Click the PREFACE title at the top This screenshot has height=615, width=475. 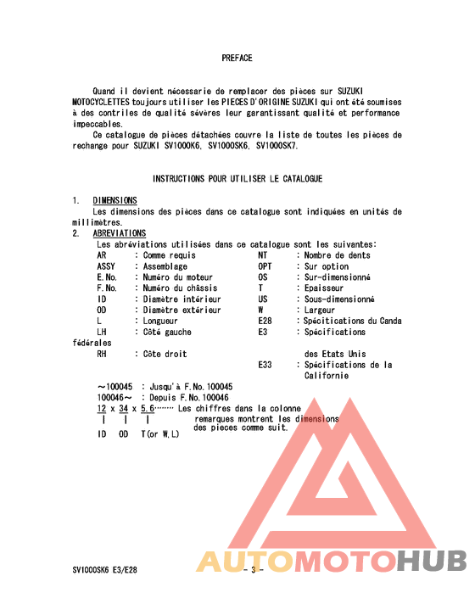tap(237, 59)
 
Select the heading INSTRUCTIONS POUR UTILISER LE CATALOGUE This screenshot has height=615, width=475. tap(237, 179)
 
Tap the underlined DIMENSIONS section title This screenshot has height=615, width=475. tap(115, 200)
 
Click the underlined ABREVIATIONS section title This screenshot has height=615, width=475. tap(119, 233)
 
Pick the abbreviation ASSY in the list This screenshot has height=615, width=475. tap(107, 266)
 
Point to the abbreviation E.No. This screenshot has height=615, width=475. tap(107, 277)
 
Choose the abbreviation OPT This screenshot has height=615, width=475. tap(266, 266)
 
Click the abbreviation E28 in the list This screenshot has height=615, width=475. tap(266, 321)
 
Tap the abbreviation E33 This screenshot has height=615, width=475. tap(266, 366)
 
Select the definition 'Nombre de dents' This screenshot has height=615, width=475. tap(337, 255)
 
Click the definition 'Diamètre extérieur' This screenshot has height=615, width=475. tap(182, 310)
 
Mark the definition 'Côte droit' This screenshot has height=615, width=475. tap(165, 354)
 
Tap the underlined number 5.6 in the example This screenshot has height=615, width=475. tap(148, 409)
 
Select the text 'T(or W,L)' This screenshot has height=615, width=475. tap(159, 434)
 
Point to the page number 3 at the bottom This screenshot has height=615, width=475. tap(253, 570)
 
